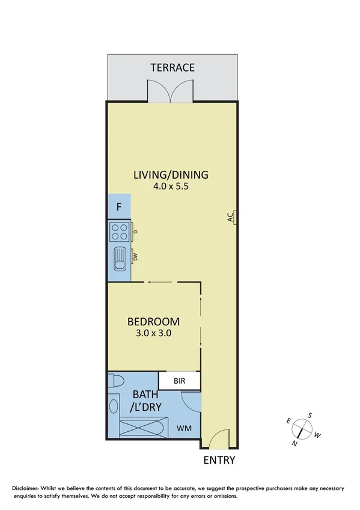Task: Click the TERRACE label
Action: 172,67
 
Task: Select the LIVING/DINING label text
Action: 171,175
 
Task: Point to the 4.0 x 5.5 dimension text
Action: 171,186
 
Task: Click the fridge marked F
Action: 119,207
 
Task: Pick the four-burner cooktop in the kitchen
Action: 119,232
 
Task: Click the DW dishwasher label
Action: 136,257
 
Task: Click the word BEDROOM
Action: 153,321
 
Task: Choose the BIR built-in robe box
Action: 179,381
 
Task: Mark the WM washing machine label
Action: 183,429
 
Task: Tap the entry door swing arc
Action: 219,438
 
